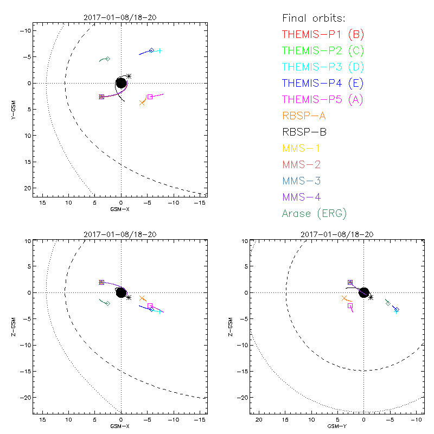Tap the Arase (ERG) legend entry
(315, 214)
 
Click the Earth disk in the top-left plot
(121, 83)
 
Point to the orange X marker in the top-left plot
(142, 103)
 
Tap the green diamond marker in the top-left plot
(108, 59)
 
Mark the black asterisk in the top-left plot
(129, 76)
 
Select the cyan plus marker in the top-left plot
(159, 51)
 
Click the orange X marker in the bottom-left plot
(142, 298)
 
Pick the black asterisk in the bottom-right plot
(371, 297)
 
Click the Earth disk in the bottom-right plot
(364, 292)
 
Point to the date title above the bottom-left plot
(120, 234)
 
